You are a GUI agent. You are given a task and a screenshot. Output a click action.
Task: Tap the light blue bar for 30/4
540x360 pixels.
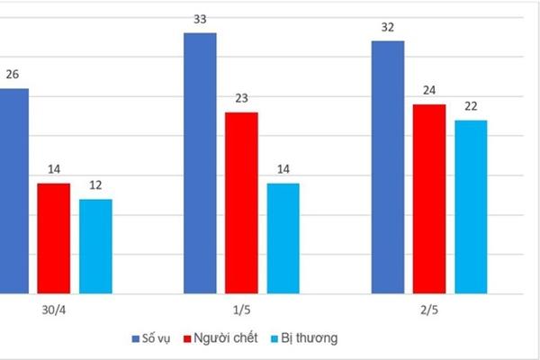(x=95, y=246)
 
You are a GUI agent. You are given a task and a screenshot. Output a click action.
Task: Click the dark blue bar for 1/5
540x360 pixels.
(x=200, y=163)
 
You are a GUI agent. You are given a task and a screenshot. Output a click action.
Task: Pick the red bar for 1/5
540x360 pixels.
(x=241, y=202)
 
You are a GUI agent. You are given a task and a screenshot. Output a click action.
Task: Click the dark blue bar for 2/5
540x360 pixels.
(x=388, y=166)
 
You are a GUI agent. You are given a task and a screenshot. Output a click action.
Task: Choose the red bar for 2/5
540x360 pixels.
(x=429, y=199)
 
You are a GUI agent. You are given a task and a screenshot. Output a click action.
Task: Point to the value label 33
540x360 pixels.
(x=200, y=19)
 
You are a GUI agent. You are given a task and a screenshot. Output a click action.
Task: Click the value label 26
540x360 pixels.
(x=13, y=75)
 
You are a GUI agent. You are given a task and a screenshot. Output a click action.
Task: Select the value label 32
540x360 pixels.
(x=388, y=27)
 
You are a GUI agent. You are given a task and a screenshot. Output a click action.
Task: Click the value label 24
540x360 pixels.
(x=429, y=91)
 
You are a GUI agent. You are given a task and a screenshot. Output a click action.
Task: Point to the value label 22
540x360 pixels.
(x=471, y=107)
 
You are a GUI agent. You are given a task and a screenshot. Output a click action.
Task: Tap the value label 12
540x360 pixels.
(x=95, y=185)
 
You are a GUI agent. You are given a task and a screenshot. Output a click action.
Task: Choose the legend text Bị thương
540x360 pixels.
(x=312, y=337)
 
